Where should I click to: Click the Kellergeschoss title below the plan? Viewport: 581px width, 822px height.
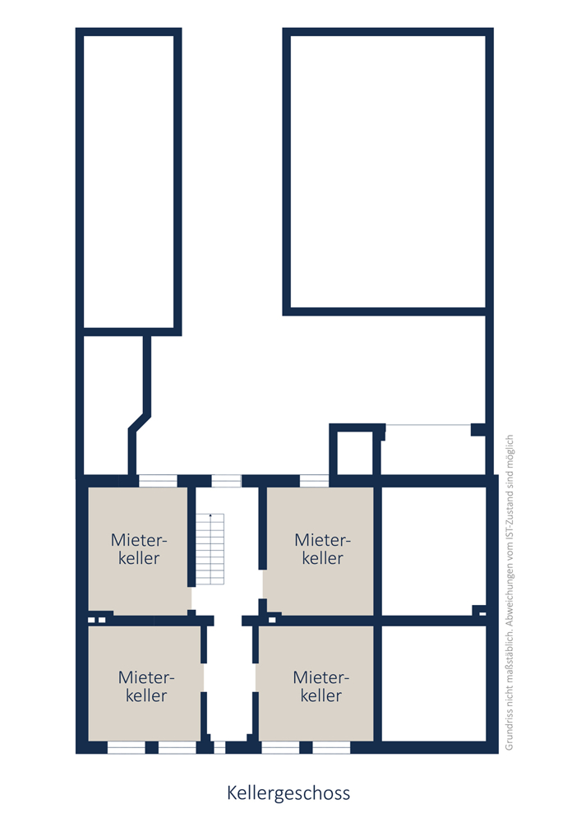tap(288, 793)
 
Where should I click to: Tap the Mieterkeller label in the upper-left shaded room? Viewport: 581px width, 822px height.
tap(139, 549)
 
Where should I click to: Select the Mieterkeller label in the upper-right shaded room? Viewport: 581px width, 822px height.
tap(323, 549)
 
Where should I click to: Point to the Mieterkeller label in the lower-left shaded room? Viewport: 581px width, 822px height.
tap(146, 686)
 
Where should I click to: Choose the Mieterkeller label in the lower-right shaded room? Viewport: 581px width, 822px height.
tap(321, 686)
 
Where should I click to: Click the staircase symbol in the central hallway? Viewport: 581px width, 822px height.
tap(210, 549)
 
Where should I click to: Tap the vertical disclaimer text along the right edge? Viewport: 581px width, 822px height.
tap(510, 593)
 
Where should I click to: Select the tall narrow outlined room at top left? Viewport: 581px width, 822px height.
tap(129, 182)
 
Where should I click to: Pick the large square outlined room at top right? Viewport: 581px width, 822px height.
tap(388, 172)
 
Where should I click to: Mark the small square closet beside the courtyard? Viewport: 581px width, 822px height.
tap(355, 452)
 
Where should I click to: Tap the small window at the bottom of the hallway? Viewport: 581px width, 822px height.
tap(219, 747)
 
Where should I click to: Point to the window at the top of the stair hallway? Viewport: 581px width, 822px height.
tap(226, 481)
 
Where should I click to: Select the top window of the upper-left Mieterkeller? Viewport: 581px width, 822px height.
tap(158, 481)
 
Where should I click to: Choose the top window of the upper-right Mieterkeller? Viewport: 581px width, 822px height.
tap(314, 481)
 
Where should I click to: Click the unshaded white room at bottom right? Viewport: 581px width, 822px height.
tap(434, 683)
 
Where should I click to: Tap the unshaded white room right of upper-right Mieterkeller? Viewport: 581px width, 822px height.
tap(434, 551)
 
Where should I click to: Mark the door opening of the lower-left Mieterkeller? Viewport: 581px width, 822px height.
tap(204, 678)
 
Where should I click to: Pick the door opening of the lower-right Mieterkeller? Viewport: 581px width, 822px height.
tap(256, 678)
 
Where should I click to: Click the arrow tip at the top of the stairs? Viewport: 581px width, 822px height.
tap(210, 515)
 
